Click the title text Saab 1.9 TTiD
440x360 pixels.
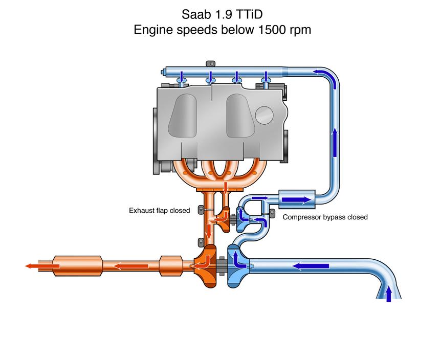click(x=222, y=12)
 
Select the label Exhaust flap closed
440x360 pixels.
click(x=159, y=210)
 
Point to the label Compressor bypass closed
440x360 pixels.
click(x=325, y=217)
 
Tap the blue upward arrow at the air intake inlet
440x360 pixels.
click(x=388, y=294)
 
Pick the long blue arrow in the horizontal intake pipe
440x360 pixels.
click(x=311, y=266)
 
